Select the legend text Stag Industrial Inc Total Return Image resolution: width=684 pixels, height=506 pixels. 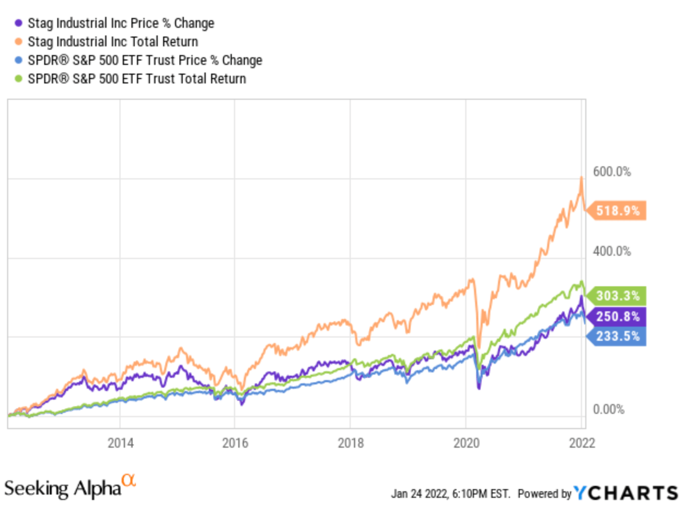[112, 41]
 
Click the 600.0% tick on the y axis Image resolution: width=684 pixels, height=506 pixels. [612, 172]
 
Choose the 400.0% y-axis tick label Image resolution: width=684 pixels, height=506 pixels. [612, 251]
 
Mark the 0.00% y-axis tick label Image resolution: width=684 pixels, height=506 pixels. [609, 410]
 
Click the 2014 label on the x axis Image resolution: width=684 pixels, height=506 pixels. [120, 442]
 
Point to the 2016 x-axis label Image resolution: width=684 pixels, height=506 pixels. [235, 442]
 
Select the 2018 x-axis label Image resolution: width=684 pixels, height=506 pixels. [350, 442]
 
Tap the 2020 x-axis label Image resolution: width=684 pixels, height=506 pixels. [466, 442]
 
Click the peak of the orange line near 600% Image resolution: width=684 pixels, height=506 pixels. [581, 177]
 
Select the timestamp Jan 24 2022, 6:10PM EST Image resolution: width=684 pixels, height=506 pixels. [451, 494]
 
